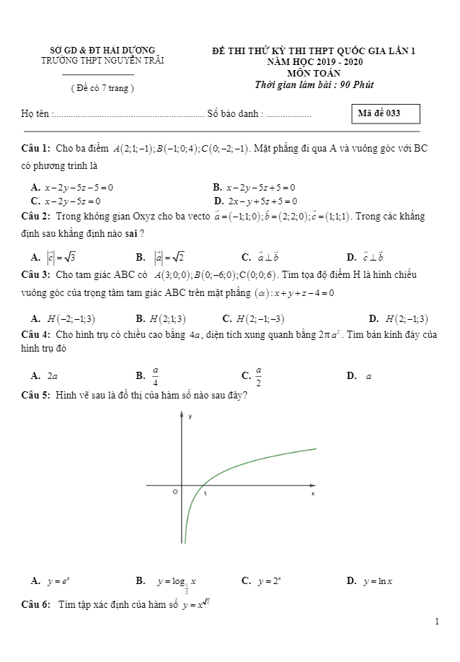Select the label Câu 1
(36, 148)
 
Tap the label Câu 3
(36, 275)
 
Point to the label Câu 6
(36, 604)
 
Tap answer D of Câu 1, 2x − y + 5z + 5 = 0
(256, 201)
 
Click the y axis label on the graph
(190, 417)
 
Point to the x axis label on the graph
(313, 494)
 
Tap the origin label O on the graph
(174, 492)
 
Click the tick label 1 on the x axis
(205, 494)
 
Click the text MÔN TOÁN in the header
(313, 72)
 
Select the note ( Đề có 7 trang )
(102, 88)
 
